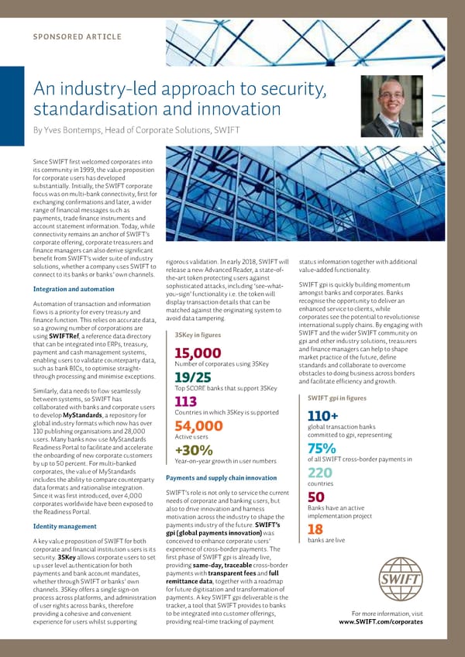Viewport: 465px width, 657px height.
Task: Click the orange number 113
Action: click(x=186, y=401)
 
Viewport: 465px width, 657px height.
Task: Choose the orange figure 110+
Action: click(x=323, y=417)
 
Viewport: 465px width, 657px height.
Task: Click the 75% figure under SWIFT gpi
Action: click(x=321, y=449)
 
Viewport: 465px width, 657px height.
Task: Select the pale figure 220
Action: click(x=319, y=473)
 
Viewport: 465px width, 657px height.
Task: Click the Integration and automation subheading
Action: click(x=74, y=290)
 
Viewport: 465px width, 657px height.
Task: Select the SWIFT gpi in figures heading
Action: click(x=337, y=398)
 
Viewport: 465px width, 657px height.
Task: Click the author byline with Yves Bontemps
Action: click(x=136, y=129)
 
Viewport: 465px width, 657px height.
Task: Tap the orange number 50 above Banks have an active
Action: click(x=315, y=497)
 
